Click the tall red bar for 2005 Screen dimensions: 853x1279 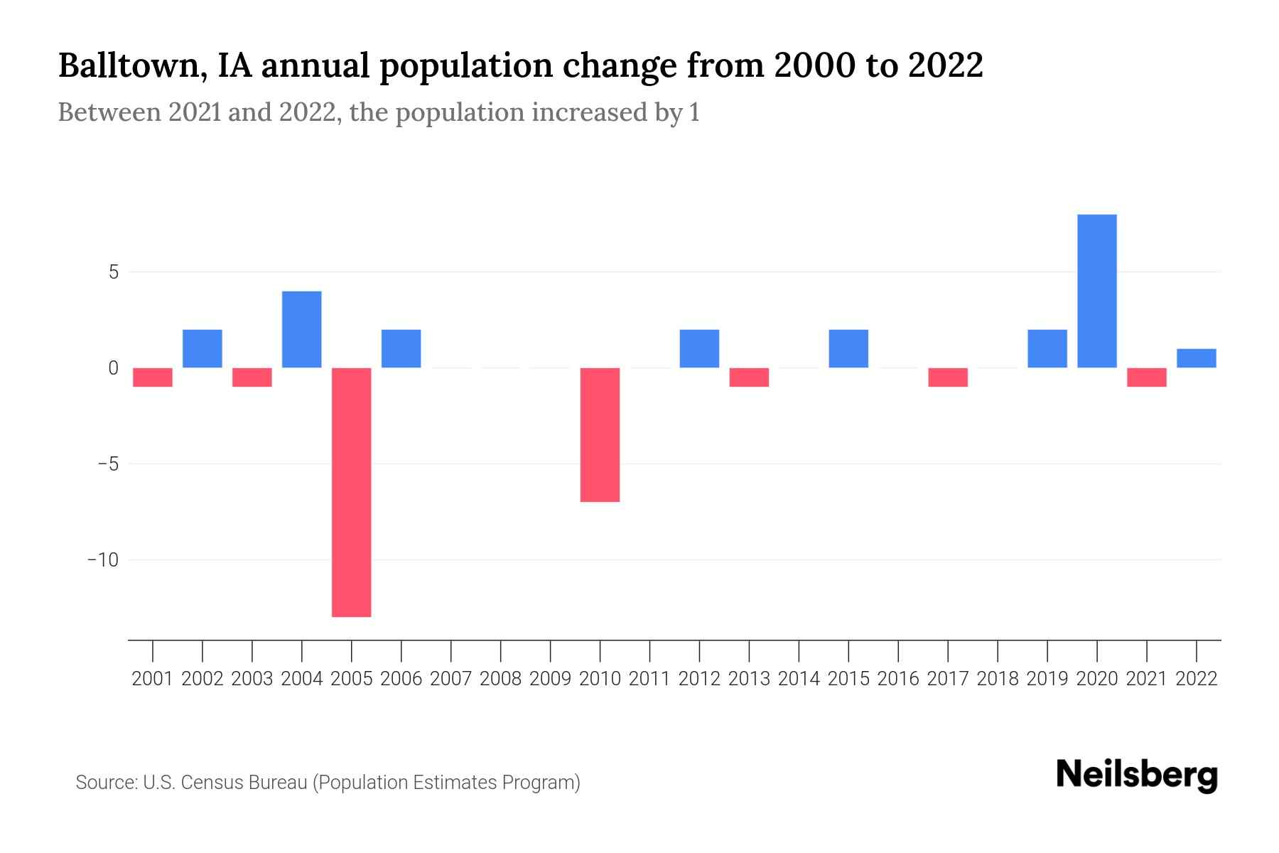pyautogui.click(x=352, y=492)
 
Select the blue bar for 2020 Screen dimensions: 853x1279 pyautogui.click(x=1097, y=291)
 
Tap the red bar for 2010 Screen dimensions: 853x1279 pyautogui.click(x=600, y=434)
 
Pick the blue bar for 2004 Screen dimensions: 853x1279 pyautogui.click(x=302, y=329)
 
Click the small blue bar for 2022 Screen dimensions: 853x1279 pyautogui.click(x=1197, y=358)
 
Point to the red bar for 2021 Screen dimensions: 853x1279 pyautogui.click(x=1147, y=377)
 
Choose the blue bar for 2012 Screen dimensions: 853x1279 pyautogui.click(x=700, y=348)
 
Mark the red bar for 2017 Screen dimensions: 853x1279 pyautogui.click(x=948, y=377)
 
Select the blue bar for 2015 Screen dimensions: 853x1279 pyautogui.click(x=848, y=348)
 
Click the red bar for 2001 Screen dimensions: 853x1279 pyautogui.click(x=153, y=377)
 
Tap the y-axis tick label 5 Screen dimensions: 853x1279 pyautogui.click(x=114, y=272)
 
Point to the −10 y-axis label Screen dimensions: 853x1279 pyautogui.click(x=103, y=560)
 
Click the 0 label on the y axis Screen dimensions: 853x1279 pyautogui.click(x=114, y=368)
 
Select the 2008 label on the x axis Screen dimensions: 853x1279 pyautogui.click(x=501, y=679)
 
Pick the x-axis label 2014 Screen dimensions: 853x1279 pyautogui.click(x=799, y=679)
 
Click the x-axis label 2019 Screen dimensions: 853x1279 pyautogui.click(x=1047, y=679)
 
